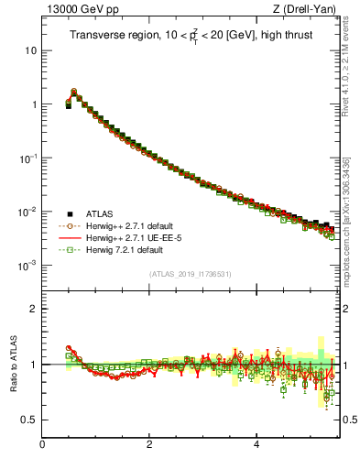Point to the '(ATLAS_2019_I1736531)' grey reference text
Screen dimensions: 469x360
pos(190,274)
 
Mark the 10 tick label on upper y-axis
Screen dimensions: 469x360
pos(28,50)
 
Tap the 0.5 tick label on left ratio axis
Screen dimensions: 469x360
pos(27,420)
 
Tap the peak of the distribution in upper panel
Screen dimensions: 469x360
pos(74,92)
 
